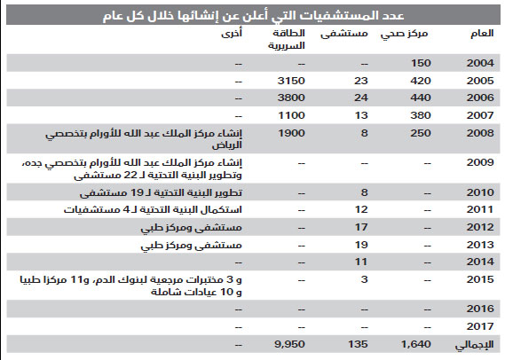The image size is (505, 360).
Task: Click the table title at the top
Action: [x=252, y=13]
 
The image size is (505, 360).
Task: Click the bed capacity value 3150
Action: [x=291, y=79]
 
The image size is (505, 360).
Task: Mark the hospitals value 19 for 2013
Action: [x=360, y=244]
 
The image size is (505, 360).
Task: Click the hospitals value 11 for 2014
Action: [x=360, y=262]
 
